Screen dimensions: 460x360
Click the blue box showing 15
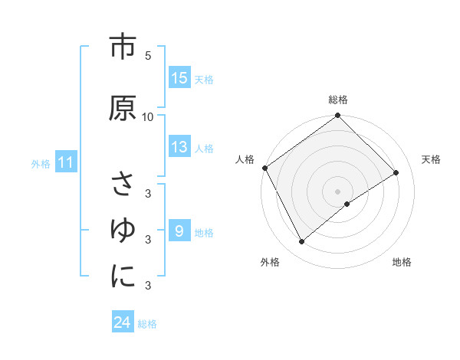click(x=179, y=77)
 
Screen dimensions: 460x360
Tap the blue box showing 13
click(x=179, y=148)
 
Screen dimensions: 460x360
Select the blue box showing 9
click(x=179, y=230)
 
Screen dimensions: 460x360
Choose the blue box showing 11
click(x=65, y=162)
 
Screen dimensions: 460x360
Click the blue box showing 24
click(x=123, y=322)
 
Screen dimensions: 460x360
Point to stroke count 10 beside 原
click(x=148, y=116)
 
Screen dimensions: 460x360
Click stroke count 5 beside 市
click(x=148, y=55)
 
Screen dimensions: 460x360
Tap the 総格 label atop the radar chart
click(x=338, y=100)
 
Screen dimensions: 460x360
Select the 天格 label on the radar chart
click(x=431, y=159)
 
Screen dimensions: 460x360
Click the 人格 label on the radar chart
click(x=245, y=159)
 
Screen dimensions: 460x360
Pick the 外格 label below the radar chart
click(x=270, y=262)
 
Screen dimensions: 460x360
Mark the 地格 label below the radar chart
click(x=402, y=262)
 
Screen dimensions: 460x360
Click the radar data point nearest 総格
click(x=338, y=116)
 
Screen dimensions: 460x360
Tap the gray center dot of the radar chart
click(x=338, y=191)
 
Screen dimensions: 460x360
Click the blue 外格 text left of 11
click(x=41, y=163)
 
